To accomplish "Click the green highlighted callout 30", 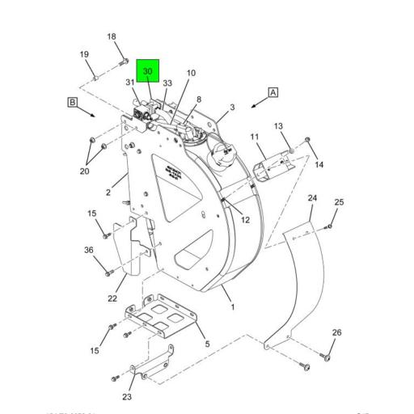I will click(147, 71).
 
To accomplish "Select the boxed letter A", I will click(273, 92).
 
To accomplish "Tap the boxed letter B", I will click(72, 102).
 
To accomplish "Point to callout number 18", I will click(112, 36).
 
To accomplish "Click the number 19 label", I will click(83, 55).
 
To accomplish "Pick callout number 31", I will click(129, 82).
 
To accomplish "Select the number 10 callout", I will click(191, 74).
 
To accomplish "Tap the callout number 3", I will click(232, 107).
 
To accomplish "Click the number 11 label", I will click(253, 137).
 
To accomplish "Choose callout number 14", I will click(319, 164).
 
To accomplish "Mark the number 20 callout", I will click(84, 171).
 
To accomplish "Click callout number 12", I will click(245, 219).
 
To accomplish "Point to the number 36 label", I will click(89, 250).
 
